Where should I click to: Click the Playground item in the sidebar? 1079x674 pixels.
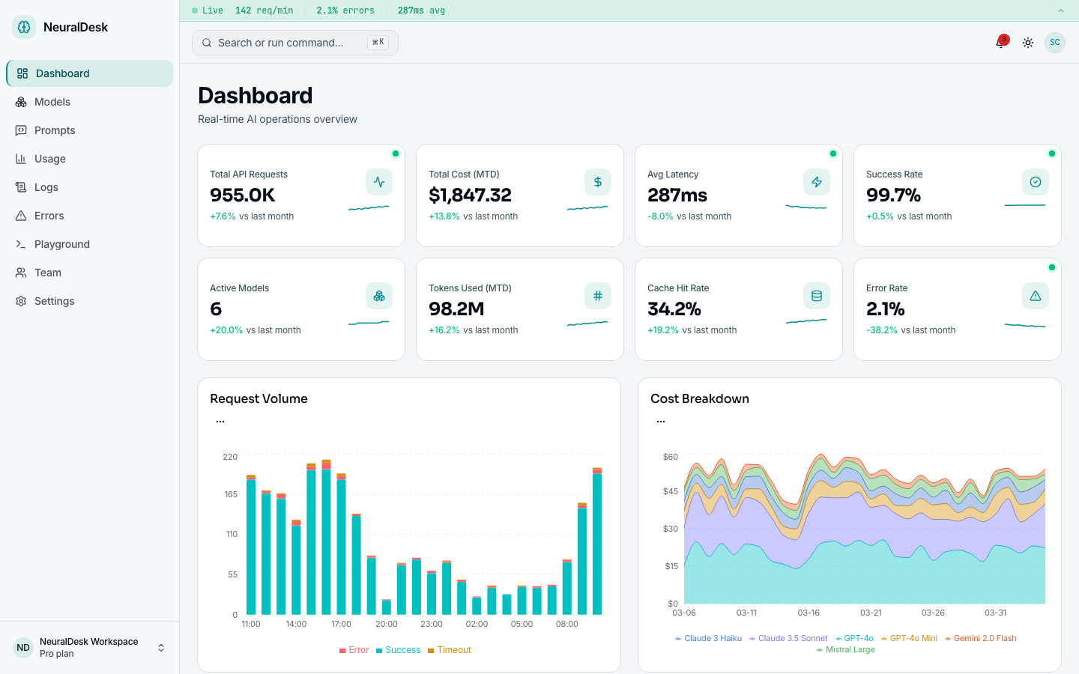61,244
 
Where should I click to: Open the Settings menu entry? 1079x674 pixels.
54,301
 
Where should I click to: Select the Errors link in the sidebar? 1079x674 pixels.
49,216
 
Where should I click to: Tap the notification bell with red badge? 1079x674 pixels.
1000,43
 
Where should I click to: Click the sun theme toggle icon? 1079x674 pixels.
1028,43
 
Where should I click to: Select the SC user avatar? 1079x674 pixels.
1055,43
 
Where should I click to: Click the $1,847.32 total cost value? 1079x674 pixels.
470,195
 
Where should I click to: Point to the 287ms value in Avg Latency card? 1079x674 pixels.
677,195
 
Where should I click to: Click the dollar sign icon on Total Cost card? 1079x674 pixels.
598,182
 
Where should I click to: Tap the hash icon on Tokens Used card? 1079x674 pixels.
598,296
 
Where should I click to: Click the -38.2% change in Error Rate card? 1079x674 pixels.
882,330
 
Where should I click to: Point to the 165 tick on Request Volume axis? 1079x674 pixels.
231,494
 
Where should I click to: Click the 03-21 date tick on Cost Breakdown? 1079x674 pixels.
871,613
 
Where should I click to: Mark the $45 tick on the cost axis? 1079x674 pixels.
670,491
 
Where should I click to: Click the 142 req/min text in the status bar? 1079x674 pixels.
264,10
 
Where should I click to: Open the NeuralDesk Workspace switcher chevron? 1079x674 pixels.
161,648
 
